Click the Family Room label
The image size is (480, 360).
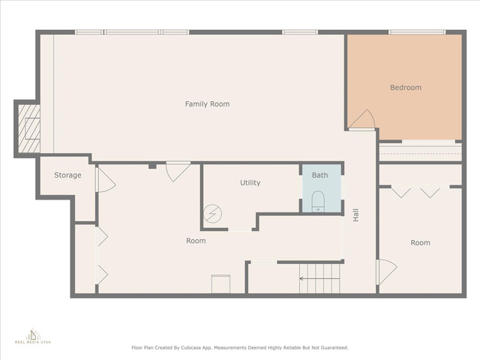[207, 104]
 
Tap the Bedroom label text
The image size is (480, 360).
[406, 88]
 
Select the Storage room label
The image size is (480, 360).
[67, 175]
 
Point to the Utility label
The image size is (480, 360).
[250, 183]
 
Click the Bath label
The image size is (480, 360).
[320, 175]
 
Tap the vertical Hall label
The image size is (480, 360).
[355, 215]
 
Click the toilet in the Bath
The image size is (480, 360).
[318, 202]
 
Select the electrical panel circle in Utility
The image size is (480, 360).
[212, 214]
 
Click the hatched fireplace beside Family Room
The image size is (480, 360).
[29, 128]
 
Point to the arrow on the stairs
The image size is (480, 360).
[319, 278]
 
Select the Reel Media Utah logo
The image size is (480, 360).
[33, 336]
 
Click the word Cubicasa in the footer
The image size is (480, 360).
[190, 348]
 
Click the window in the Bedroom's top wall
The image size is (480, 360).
[417, 32]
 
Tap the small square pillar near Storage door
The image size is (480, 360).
[152, 166]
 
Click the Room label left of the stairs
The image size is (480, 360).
[196, 241]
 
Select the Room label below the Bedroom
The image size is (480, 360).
[420, 243]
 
